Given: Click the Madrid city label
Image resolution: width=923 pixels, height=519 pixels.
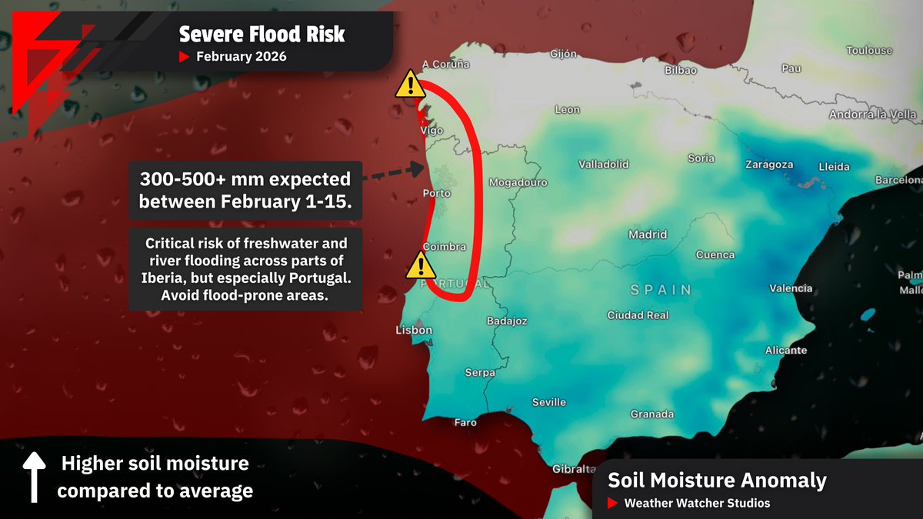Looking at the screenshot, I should pos(648,235).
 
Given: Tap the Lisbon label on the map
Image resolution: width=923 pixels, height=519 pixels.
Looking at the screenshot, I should pos(414,331).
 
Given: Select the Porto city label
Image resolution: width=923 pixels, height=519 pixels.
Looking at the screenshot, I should pos(437,194).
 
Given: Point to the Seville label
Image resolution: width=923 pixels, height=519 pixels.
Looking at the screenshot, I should pos(549,402).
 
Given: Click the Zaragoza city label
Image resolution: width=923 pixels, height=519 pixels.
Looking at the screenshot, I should pos(769,165).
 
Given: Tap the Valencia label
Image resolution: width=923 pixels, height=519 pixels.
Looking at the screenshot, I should pos(791,288).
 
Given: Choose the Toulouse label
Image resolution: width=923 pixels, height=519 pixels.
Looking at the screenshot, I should pos(869,51).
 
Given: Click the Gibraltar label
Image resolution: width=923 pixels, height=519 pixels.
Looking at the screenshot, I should pos(574,469).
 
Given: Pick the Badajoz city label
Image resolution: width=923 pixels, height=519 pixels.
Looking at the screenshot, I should pos(508,321).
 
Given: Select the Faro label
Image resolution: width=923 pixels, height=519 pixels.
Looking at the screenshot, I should pos(465,422).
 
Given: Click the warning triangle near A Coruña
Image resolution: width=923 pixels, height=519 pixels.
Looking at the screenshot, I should pos(411,85).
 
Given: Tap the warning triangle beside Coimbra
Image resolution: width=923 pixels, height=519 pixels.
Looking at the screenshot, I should pos(420,265).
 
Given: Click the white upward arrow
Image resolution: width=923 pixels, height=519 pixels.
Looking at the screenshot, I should pos(33,477).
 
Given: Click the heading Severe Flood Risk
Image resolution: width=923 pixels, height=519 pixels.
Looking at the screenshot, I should pos(262,35).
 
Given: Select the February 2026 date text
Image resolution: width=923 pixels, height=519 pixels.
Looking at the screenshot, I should pos(241,57).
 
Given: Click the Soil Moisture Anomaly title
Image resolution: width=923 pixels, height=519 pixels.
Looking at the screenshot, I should pos(717,481).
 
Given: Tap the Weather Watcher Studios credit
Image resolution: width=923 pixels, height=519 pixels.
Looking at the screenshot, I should pos(697,503).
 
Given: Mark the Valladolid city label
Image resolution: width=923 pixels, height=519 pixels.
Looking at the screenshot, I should pos(604,165).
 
